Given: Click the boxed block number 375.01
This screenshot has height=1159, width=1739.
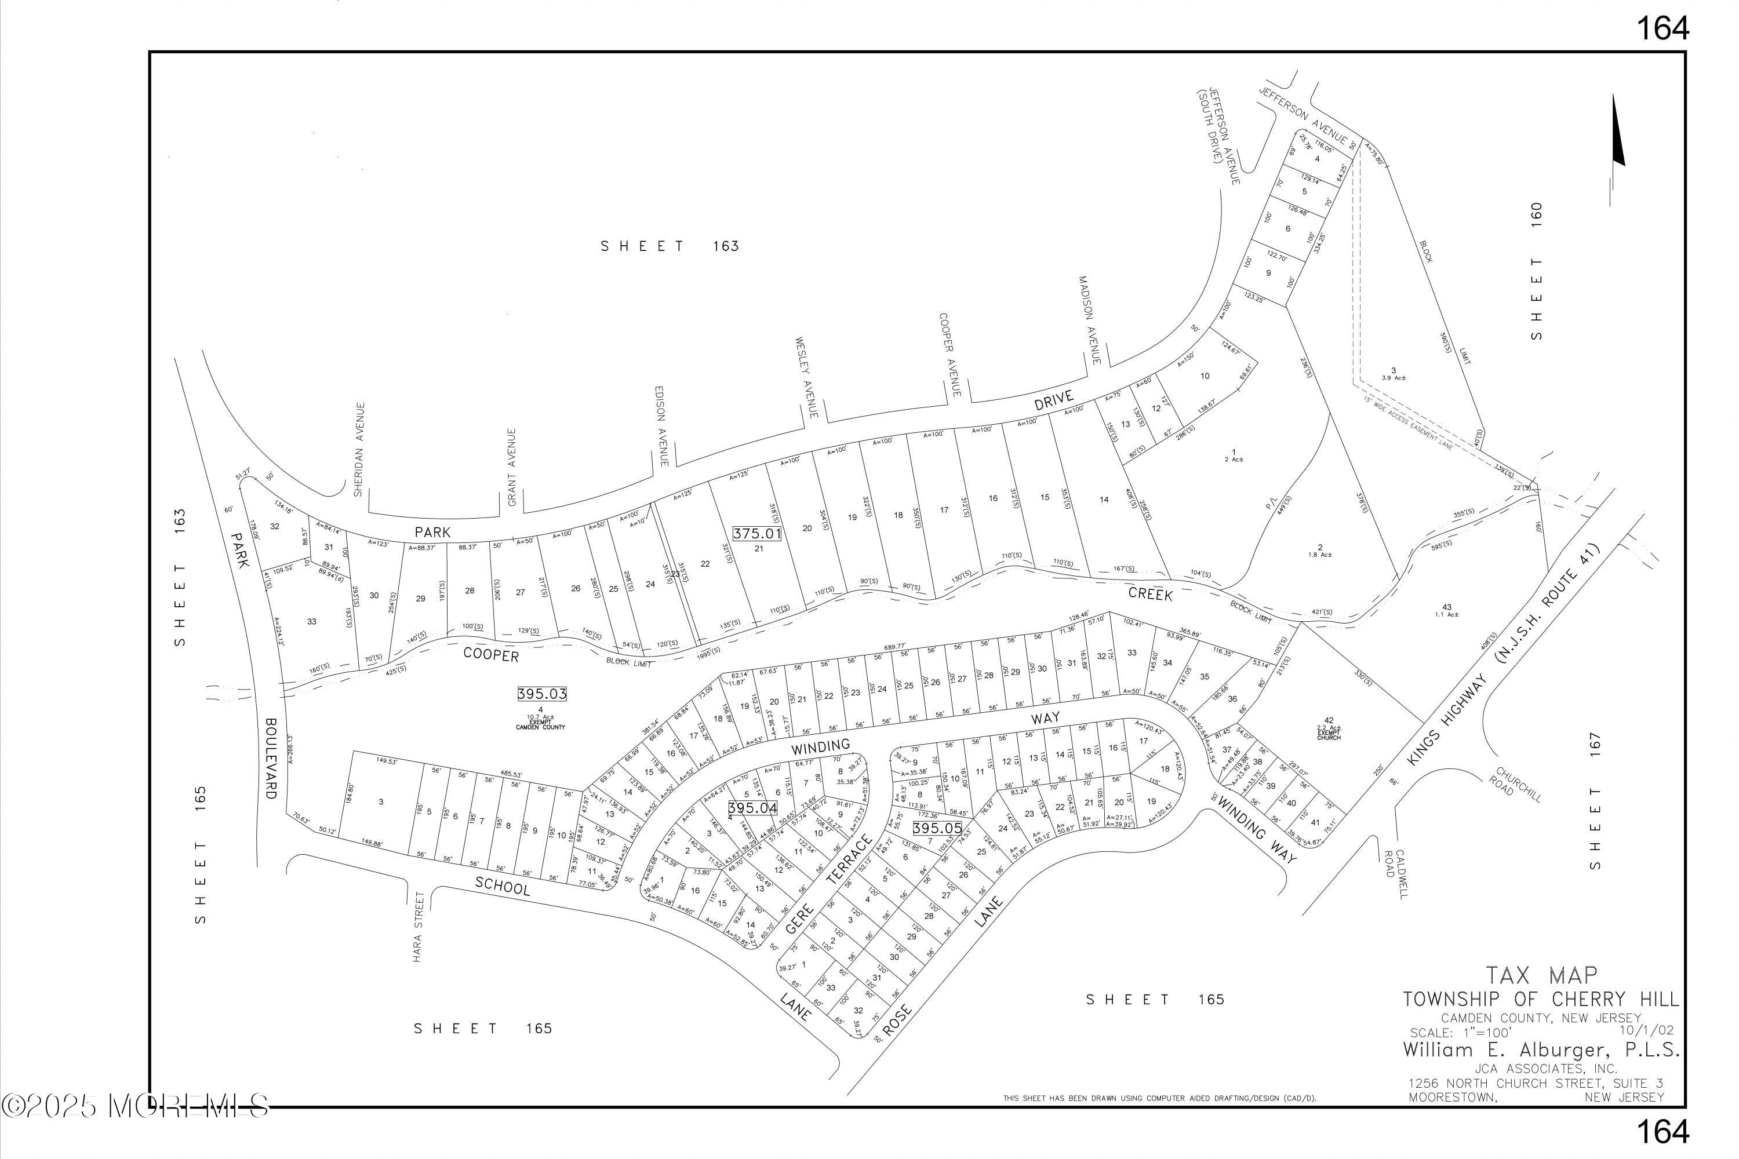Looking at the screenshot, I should pos(757,533).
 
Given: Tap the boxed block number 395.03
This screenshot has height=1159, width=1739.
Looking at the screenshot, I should pos(541,694).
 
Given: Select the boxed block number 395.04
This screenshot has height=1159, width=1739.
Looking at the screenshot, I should pos(752,808).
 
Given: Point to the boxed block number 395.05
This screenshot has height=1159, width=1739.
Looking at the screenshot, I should pos(937,829).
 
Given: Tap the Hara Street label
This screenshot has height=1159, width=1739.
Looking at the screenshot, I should pos(418,927).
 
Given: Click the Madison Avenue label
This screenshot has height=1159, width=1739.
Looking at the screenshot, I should pos(1090,320).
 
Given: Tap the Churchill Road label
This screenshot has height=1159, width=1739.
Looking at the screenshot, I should pos(1519,785).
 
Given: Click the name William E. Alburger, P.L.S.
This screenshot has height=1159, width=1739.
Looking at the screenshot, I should pos(1541,1049).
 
